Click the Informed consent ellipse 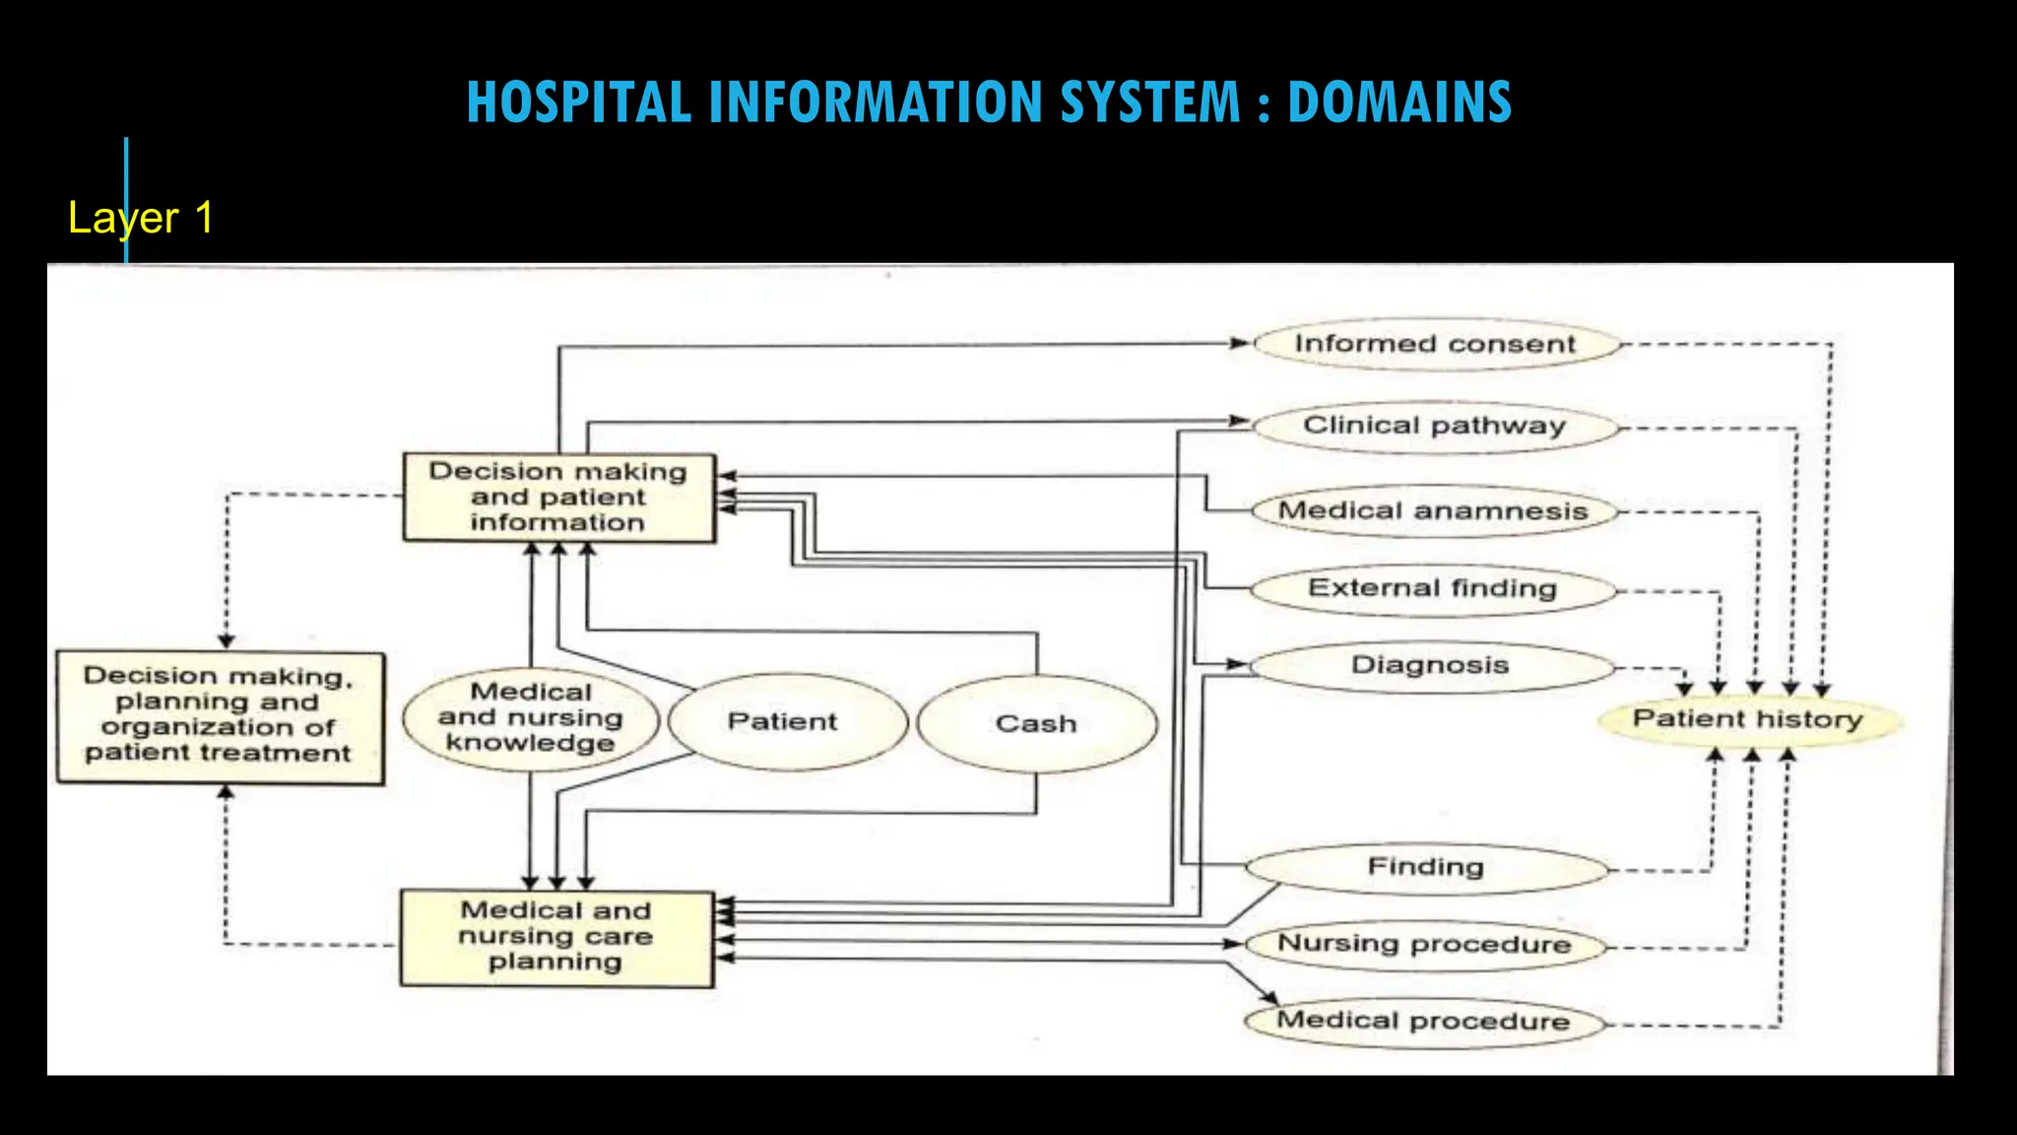click(1435, 344)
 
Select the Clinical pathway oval click(1435, 426)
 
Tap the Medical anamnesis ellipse click(1433, 510)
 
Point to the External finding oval click(1432, 588)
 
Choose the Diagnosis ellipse click(1430, 665)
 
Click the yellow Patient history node click(1748, 719)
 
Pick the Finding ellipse click(1425, 867)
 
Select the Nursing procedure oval click(1424, 944)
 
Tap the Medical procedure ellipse click(1423, 1021)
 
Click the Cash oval click(1036, 723)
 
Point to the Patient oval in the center click(783, 721)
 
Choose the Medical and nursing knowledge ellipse click(531, 717)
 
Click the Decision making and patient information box click(558, 498)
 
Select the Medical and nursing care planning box click(555, 937)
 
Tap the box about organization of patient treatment click(219, 716)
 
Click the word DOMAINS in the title click(1399, 102)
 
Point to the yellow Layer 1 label click(141, 218)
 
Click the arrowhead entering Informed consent click(1241, 343)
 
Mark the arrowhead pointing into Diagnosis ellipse click(1238, 664)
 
